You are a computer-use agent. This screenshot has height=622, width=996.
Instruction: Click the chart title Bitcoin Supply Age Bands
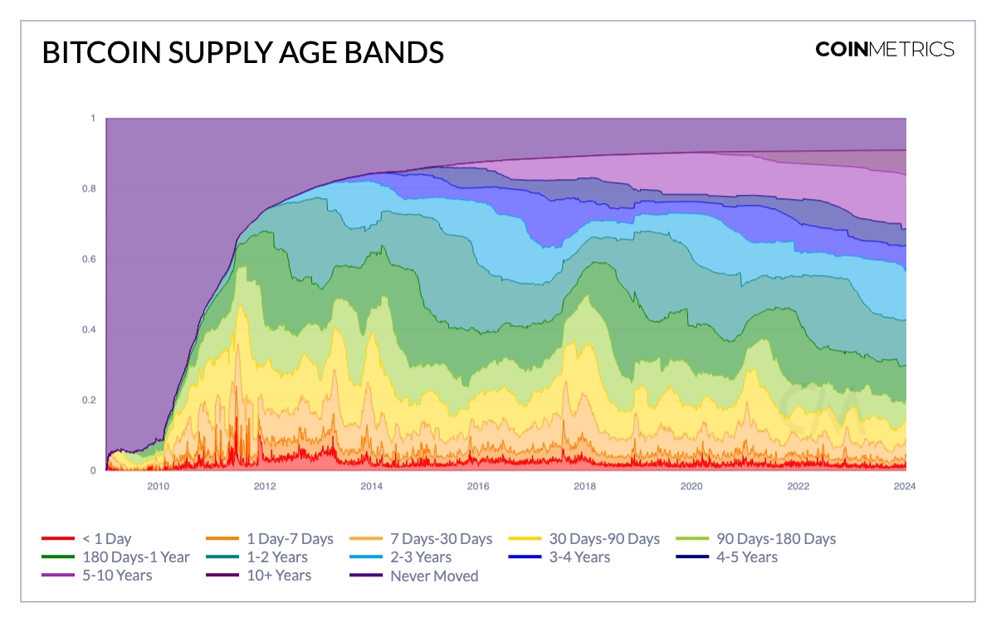(x=242, y=51)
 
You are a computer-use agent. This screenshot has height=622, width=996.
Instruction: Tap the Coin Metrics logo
(x=885, y=49)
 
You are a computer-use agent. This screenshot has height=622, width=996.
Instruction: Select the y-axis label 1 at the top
(x=93, y=119)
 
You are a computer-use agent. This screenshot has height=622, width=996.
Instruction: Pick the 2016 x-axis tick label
(x=478, y=486)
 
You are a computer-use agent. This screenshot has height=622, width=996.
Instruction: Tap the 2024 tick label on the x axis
(x=905, y=486)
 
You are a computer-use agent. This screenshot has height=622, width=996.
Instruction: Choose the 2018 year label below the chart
(x=585, y=486)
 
